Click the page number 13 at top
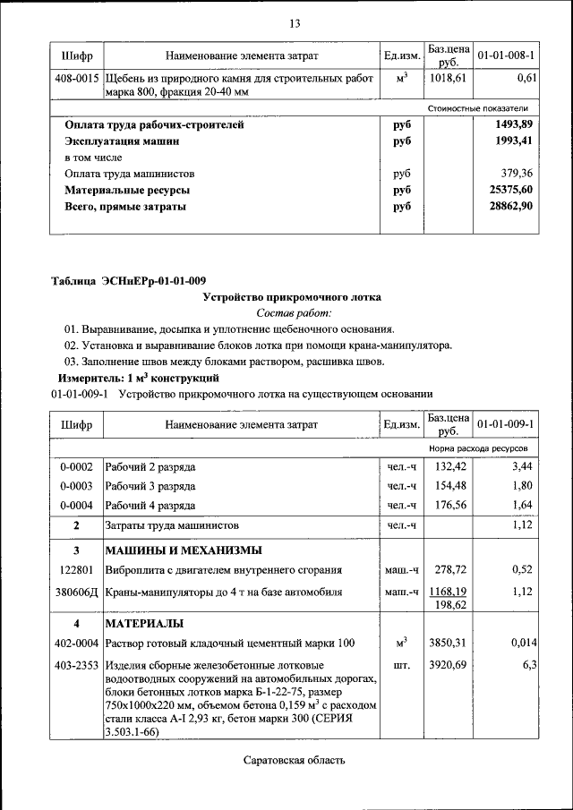click(x=294, y=23)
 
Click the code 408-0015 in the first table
click(x=77, y=79)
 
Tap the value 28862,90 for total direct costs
click(x=511, y=207)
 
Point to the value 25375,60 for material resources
click(x=511, y=191)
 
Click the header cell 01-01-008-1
click(x=506, y=56)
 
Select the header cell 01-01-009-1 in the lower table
click(x=506, y=423)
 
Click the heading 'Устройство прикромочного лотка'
click(x=292, y=296)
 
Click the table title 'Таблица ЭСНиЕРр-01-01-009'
click(x=128, y=280)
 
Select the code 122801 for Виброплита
click(x=76, y=569)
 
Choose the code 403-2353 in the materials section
click(x=77, y=666)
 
